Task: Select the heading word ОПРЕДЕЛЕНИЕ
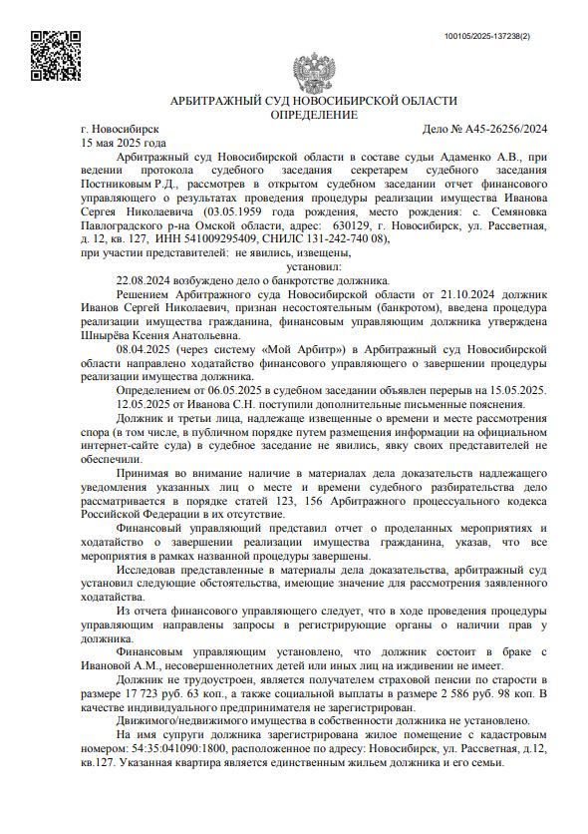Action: [314, 116]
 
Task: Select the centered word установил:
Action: [313, 267]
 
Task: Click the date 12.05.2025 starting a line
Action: [145, 407]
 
